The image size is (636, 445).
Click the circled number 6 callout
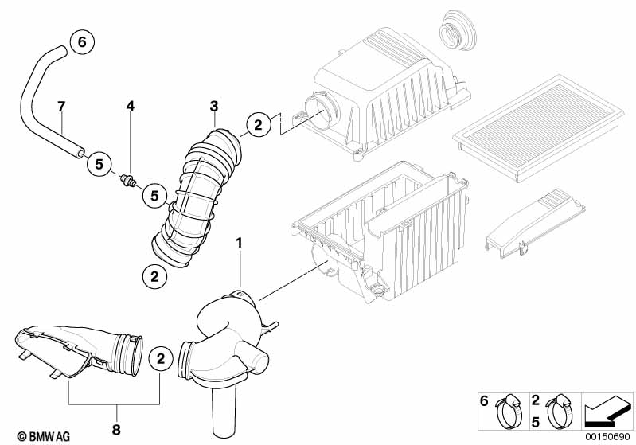tap(80, 42)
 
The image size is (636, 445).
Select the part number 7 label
tap(60, 106)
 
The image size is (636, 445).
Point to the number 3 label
tap(213, 106)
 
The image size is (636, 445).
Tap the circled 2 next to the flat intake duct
tap(161, 359)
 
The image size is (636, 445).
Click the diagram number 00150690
tap(609, 437)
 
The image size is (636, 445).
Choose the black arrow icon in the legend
tap(608, 412)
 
